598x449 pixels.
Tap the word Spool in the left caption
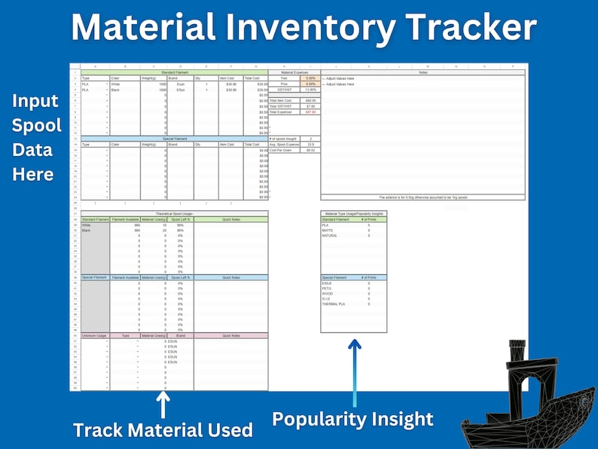click(32, 125)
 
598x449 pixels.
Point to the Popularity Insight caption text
click(352, 419)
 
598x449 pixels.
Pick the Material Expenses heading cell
click(294, 72)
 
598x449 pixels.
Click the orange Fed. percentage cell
click(310, 78)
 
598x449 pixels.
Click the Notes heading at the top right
click(422, 72)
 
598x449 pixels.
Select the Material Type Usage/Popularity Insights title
click(353, 214)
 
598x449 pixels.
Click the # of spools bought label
click(285, 139)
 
